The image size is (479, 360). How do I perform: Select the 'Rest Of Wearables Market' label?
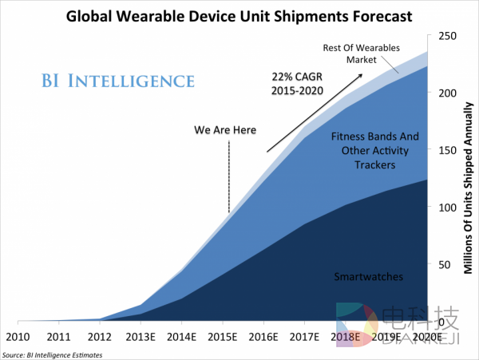click(x=361, y=53)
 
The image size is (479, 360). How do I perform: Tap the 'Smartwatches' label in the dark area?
click(x=368, y=277)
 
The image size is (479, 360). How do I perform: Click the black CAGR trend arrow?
click(x=315, y=112)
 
